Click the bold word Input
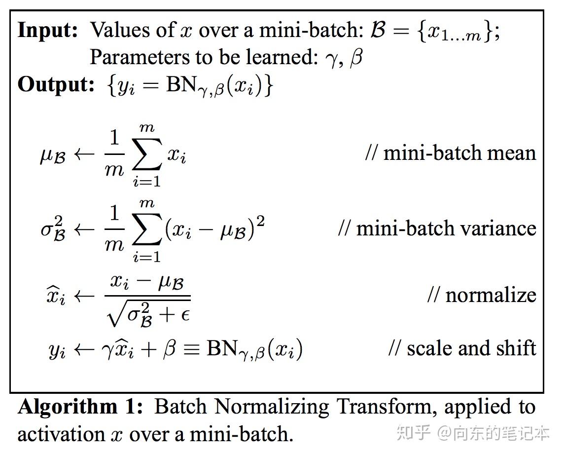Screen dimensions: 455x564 tap(48, 31)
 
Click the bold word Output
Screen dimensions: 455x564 tap(56, 85)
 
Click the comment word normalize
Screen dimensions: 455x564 tap(491, 295)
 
